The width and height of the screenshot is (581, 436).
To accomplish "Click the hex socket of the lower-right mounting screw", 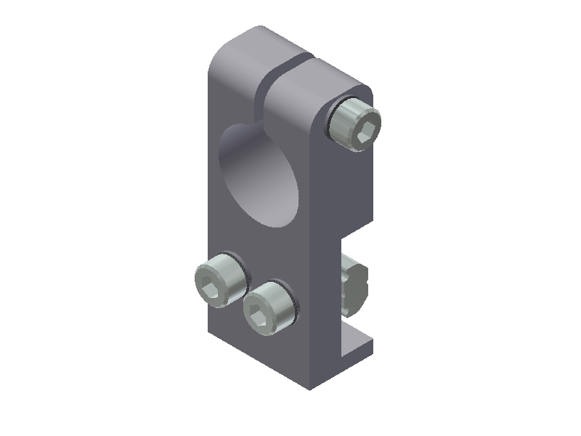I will click(x=260, y=315).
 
